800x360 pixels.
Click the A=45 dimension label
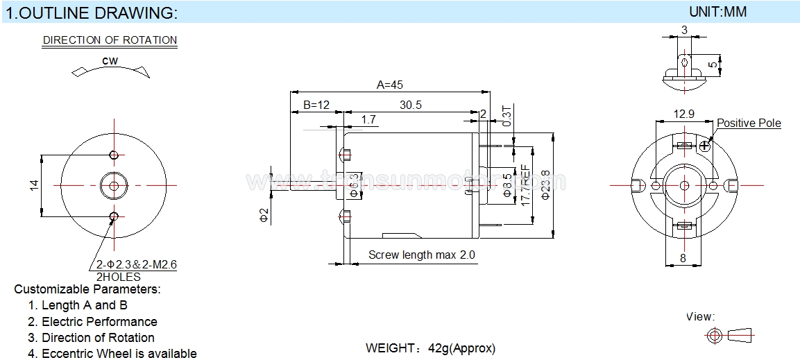[x=389, y=85]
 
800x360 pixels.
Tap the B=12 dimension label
[x=316, y=105]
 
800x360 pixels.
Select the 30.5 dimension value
[x=411, y=105]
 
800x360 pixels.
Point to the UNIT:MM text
[x=717, y=12]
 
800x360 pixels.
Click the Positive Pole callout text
[x=749, y=123]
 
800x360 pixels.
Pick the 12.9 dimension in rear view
[x=683, y=114]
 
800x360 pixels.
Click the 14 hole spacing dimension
[x=34, y=185]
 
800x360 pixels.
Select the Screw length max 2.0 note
[x=422, y=255]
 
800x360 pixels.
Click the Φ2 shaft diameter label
[x=263, y=214]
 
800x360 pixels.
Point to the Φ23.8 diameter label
[x=545, y=185]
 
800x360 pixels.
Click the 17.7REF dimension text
[x=526, y=184]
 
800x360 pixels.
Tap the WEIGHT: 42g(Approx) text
[x=430, y=348]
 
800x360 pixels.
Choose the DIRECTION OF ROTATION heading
[x=110, y=40]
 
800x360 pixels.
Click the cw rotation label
[x=110, y=61]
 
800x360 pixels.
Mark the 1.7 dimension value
[x=368, y=120]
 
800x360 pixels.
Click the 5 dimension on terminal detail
[x=713, y=65]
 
